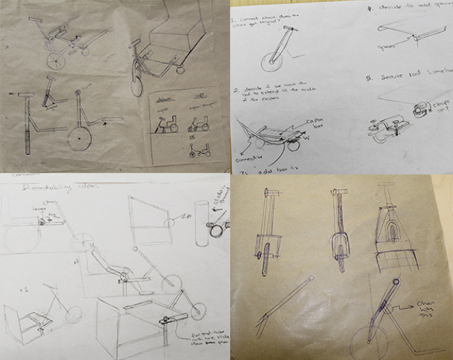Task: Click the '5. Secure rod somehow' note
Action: (404, 77)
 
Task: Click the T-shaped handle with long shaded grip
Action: (29, 126)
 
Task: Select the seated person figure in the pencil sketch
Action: (112, 269)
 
